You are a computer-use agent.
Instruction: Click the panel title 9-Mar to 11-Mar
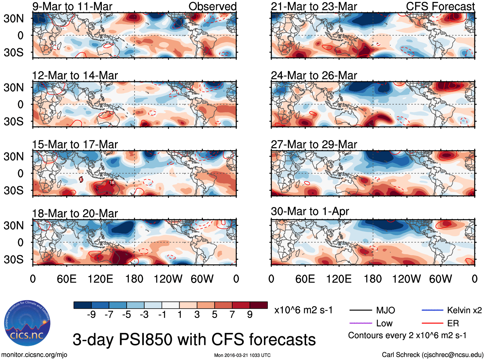pyautogui.click(x=72, y=6)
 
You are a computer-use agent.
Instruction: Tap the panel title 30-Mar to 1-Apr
pyautogui.click(x=310, y=211)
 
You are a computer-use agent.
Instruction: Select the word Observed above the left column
pyautogui.click(x=212, y=6)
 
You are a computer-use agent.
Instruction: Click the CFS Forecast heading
pyautogui.click(x=440, y=6)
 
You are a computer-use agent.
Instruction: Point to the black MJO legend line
pyautogui.click(x=360, y=310)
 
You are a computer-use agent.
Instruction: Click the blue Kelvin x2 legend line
pyautogui.click(x=432, y=310)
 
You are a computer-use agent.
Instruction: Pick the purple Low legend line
pyautogui.click(x=360, y=323)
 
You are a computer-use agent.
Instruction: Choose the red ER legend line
pyautogui.click(x=432, y=323)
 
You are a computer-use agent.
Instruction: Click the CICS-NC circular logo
pyautogui.click(x=27, y=323)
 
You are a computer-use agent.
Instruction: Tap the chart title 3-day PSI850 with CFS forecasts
pyautogui.click(x=194, y=339)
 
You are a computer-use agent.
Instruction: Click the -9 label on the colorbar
pyautogui.click(x=91, y=315)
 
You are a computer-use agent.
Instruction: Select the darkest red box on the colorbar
pyautogui.click(x=259, y=305)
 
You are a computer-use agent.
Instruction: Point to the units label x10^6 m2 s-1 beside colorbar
pyautogui.click(x=303, y=310)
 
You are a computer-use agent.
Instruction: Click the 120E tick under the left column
pyautogui.click(x=101, y=279)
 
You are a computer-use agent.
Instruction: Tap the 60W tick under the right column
pyautogui.click(x=440, y=279)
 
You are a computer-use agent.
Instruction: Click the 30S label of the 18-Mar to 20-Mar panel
pyautogui.click(x=13, y=259)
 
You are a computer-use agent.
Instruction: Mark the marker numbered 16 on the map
pyautogui.click(x=112, y=182)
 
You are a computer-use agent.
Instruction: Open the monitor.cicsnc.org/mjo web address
pyautogui.click(x=34, y=355)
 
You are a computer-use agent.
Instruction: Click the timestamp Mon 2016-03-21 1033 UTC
pyautogui.click(x=242, y=355)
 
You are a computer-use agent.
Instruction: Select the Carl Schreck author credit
pyautogui.click(x=432, y=355)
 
